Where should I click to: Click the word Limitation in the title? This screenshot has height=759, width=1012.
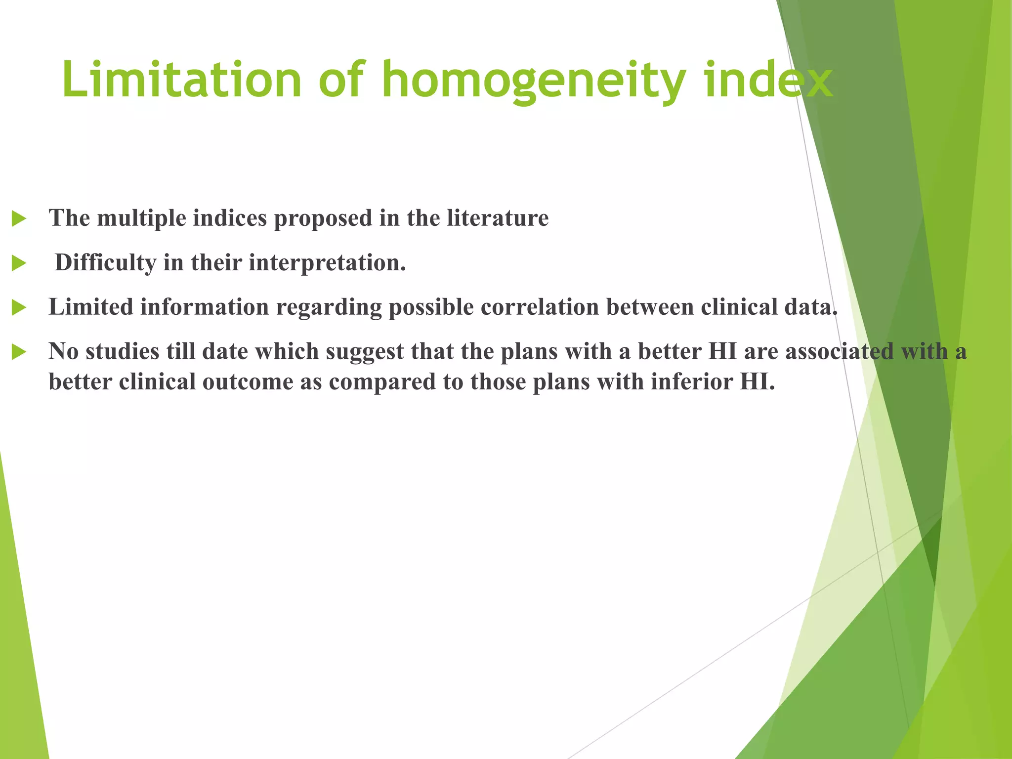click(181, 80)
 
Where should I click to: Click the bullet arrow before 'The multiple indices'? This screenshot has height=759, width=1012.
click(19, 218)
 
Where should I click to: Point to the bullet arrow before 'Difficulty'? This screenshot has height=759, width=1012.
click(19, 263)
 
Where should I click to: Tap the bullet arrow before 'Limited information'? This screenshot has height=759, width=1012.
click(19, 307)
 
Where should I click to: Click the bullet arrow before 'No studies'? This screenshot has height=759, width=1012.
click(19, 352)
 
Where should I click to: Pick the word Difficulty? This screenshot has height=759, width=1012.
click(105, 262)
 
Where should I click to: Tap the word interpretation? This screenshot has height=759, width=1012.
click(327, 262)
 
